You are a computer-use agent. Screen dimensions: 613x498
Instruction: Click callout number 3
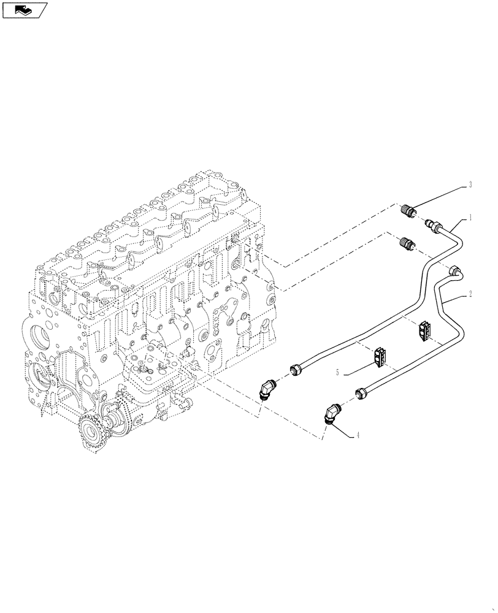click(x=469, y=184)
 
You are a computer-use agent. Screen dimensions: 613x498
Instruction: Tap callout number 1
click(x=470, y=216)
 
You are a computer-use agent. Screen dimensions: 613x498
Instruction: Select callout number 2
click(x=470, y=294)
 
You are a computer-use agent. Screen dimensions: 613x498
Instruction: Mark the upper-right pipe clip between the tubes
click(x=424, y=330)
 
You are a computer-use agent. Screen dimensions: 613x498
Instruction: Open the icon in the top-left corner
click(x=25, y=9)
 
